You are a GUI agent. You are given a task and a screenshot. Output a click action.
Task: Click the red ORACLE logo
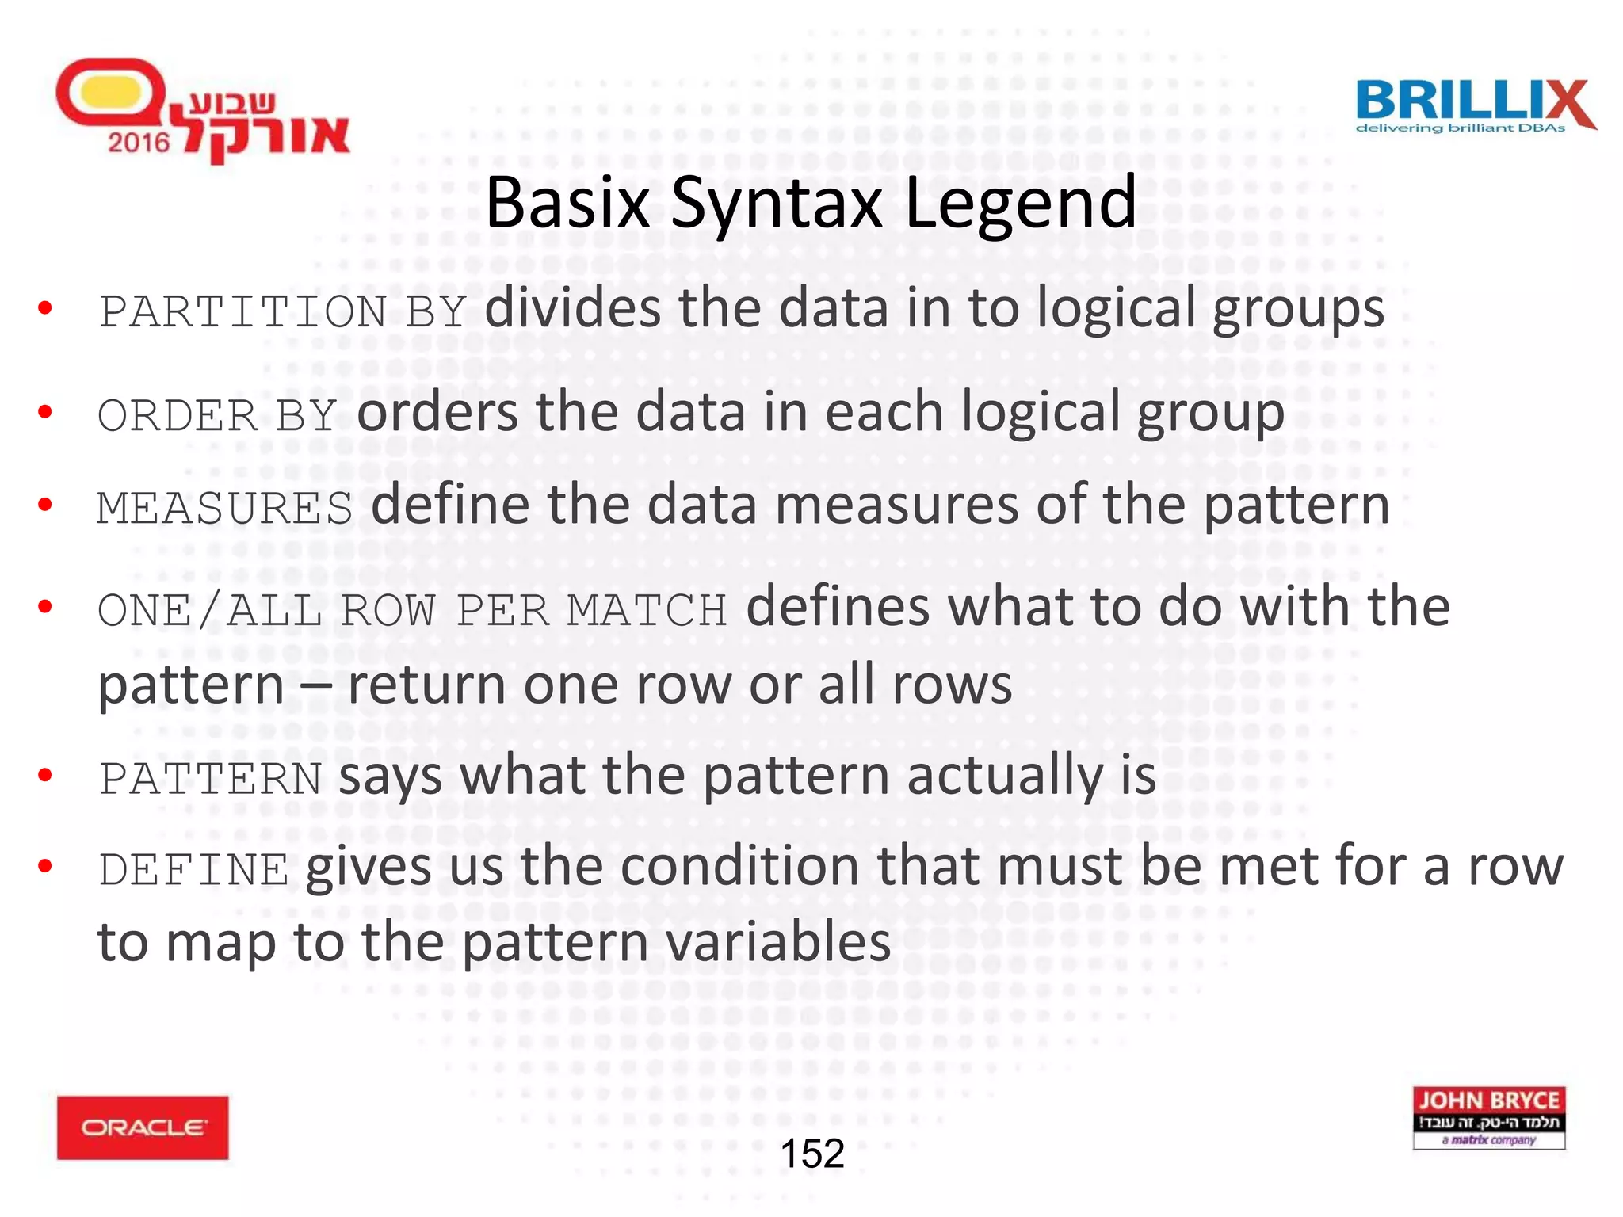coord(143,1127)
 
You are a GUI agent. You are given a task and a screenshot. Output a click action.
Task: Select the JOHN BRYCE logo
coord(1488,1117)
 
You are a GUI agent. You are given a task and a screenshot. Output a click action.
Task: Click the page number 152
coord(812,1154)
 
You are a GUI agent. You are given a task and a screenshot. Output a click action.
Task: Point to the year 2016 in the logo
coord(139,143)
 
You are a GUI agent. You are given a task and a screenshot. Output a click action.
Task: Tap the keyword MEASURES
coord(225,508)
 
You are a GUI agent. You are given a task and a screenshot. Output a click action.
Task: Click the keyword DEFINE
coord(193,869)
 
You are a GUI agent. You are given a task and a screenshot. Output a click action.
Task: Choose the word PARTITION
coord(242,311)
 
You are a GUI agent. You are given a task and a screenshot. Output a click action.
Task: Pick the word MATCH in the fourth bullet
coord(647,611)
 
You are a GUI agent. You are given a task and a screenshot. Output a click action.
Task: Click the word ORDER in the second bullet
coord(178,415)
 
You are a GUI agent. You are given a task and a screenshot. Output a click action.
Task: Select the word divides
coord(572,308)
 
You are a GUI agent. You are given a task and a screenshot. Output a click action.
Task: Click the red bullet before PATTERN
coord(45,774)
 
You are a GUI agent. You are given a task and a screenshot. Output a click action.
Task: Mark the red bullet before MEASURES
coord(45,504)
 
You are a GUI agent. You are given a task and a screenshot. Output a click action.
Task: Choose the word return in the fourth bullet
coord(426,685)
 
